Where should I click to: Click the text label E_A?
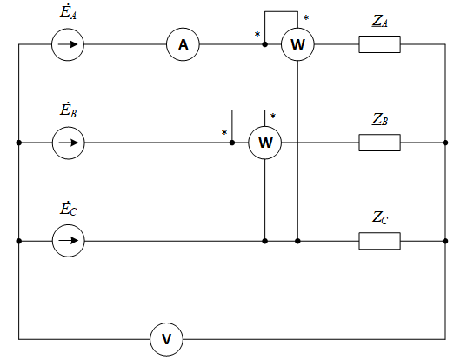point(68,12)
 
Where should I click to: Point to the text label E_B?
point(68,110)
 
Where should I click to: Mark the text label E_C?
point(68,208)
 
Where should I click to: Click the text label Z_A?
point(380,22)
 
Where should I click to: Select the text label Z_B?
point(380,119)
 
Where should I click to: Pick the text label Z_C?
point(380,217)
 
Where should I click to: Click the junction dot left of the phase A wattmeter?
point(264,44)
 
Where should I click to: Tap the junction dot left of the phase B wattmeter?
point(232,143)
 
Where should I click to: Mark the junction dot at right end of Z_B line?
point(445,143)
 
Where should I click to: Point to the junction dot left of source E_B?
point(19,143)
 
